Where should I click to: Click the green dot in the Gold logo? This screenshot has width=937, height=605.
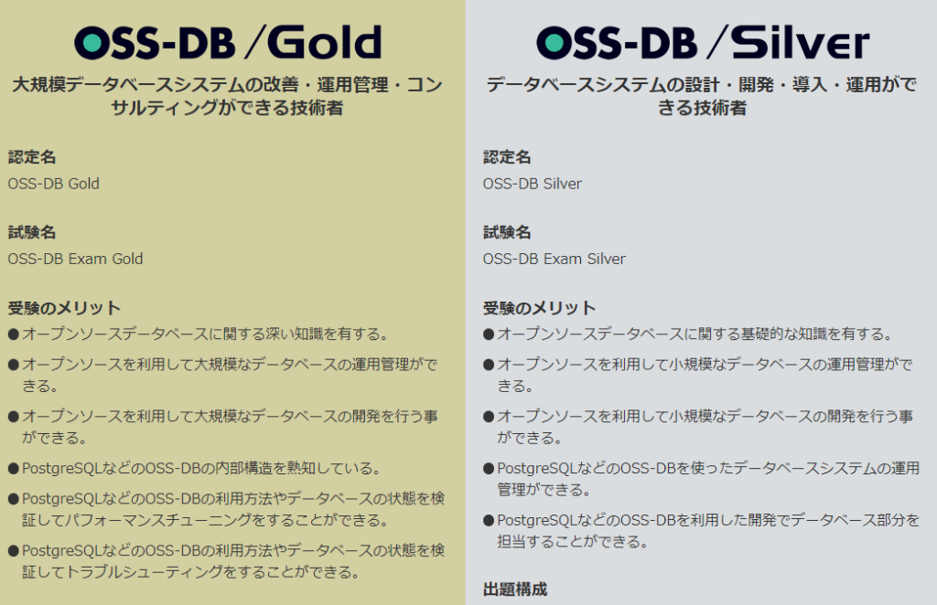(92, 42)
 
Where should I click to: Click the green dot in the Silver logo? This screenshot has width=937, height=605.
(555, 42)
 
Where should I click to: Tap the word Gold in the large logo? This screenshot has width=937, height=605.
(324, 42)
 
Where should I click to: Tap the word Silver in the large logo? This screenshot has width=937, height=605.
(800, 42)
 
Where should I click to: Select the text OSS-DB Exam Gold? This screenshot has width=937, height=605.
(75, 259)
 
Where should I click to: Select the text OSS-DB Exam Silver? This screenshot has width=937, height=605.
(554, 259)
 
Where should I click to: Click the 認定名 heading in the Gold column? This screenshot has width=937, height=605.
(32, 157)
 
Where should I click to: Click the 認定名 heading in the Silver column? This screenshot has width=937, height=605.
(507, 157)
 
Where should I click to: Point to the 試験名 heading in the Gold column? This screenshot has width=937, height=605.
(32, 233)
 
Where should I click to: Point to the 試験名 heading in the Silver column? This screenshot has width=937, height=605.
(507, 233)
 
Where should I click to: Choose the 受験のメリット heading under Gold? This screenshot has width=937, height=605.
(64, 308)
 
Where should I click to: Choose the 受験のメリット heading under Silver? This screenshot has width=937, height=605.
(539, 308)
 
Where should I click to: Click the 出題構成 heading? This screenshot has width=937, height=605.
(515, 589)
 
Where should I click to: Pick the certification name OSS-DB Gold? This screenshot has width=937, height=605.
(54, 184)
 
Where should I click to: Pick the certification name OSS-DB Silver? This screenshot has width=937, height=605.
(533, 184)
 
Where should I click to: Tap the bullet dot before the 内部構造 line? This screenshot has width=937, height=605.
(14, 468)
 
